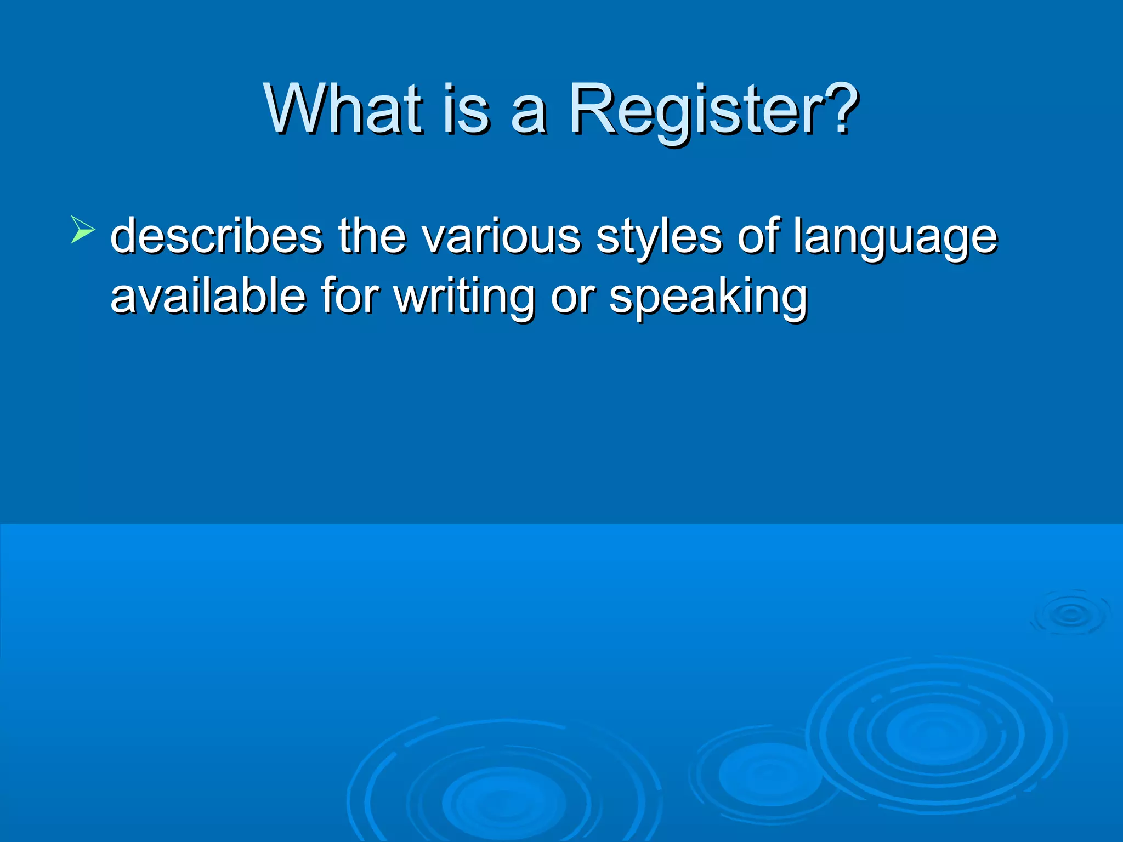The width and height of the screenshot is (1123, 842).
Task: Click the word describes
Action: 217,236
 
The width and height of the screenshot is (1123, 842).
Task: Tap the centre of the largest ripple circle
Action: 935,734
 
